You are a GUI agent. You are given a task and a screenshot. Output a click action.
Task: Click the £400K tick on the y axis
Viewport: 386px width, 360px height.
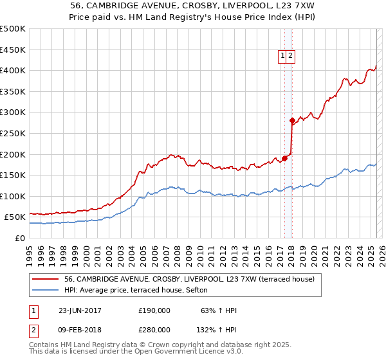pos(13,70)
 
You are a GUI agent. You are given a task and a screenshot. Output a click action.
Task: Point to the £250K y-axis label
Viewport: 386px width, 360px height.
pos(13,133)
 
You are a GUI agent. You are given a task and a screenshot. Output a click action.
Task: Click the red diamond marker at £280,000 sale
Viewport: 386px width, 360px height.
pos(292,120)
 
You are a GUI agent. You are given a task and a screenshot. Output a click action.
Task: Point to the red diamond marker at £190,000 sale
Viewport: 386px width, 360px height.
pos(285,158)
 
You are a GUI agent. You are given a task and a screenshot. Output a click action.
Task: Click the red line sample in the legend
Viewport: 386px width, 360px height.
pos(46,279)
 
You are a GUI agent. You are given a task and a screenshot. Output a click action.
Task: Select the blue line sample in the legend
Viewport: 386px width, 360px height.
pos(46,290)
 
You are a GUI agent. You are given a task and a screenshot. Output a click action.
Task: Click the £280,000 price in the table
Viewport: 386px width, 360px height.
pos(154,329)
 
